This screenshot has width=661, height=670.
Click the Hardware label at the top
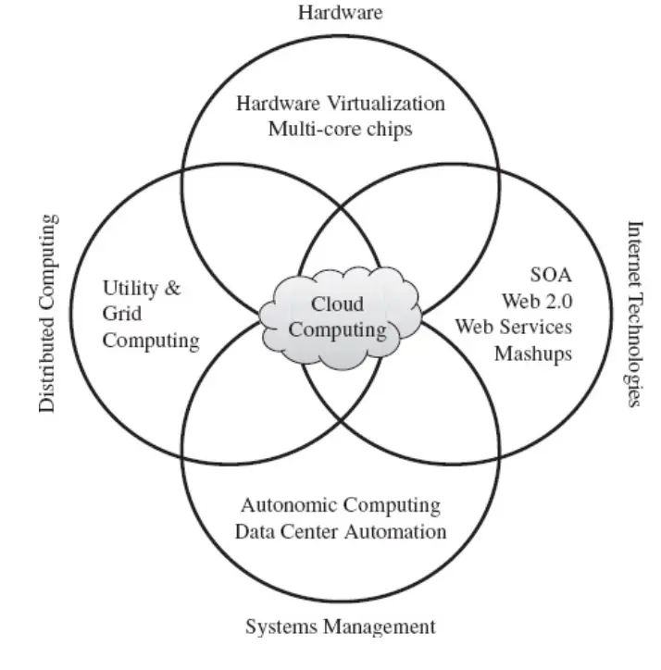(340, 12)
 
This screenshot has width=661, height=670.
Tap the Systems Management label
(340, 627)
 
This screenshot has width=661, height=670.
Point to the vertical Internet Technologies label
(634, 314)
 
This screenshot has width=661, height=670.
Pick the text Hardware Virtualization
(340, 103)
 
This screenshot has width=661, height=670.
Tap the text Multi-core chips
(340, 129)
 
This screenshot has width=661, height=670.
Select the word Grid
(122, 314)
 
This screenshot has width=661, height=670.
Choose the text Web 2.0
(537, 300)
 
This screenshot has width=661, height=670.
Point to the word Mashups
(533, 354)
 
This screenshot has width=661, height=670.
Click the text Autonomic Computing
(340, 505)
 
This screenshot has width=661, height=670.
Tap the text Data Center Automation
(340, 531)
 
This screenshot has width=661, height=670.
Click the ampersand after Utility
(171, 288)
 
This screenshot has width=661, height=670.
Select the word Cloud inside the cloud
(337, 304)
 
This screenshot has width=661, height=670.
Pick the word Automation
(401, 531)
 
